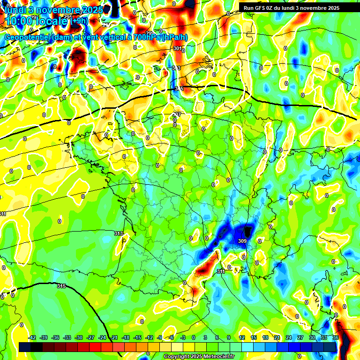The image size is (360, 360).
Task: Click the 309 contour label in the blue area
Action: pos(242,241)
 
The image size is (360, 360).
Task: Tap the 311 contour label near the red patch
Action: pos(221,271)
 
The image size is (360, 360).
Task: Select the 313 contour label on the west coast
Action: pos(118,233)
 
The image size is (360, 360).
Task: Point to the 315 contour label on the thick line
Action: pos(61,286)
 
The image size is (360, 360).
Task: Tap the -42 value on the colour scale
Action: pos(32,337)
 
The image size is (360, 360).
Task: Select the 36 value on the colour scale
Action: pos(336,337)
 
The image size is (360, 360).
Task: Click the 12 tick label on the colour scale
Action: pos(242,337)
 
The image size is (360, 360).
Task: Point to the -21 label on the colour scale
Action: pos(114,337)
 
